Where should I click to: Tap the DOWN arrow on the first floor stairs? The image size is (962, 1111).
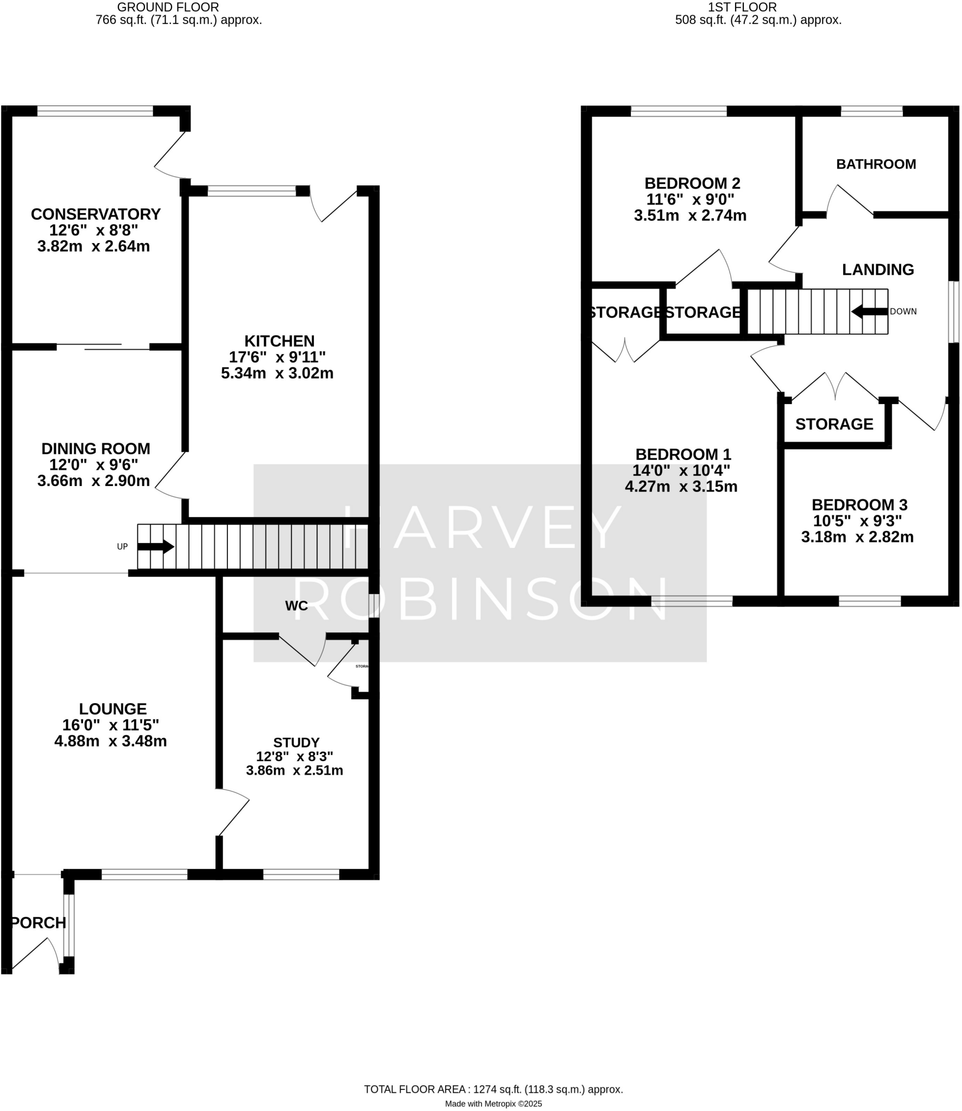click(x=869, y=311)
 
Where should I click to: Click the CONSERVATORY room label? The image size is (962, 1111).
click(x=96, y=214)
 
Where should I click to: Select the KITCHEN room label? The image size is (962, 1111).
click(x=279, y=341)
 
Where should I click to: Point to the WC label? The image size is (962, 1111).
click(x=296, y=606)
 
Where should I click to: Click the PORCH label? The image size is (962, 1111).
click(x=39, y=923)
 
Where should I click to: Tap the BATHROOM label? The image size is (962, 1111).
click(x=876, y=164)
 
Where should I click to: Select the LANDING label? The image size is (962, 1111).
click(x=877, y=270)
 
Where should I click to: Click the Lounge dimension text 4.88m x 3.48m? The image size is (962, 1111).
click(x=110, y=742)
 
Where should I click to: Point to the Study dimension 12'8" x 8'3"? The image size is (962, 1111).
click(x=294, y=756)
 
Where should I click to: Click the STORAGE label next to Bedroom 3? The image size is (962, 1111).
click(x=834, y=424)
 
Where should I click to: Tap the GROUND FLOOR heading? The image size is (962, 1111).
click(x=168, y=7)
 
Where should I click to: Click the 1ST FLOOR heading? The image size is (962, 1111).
click(x=742, y=7)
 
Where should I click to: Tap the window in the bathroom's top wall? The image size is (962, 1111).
click(x=871, y=111)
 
